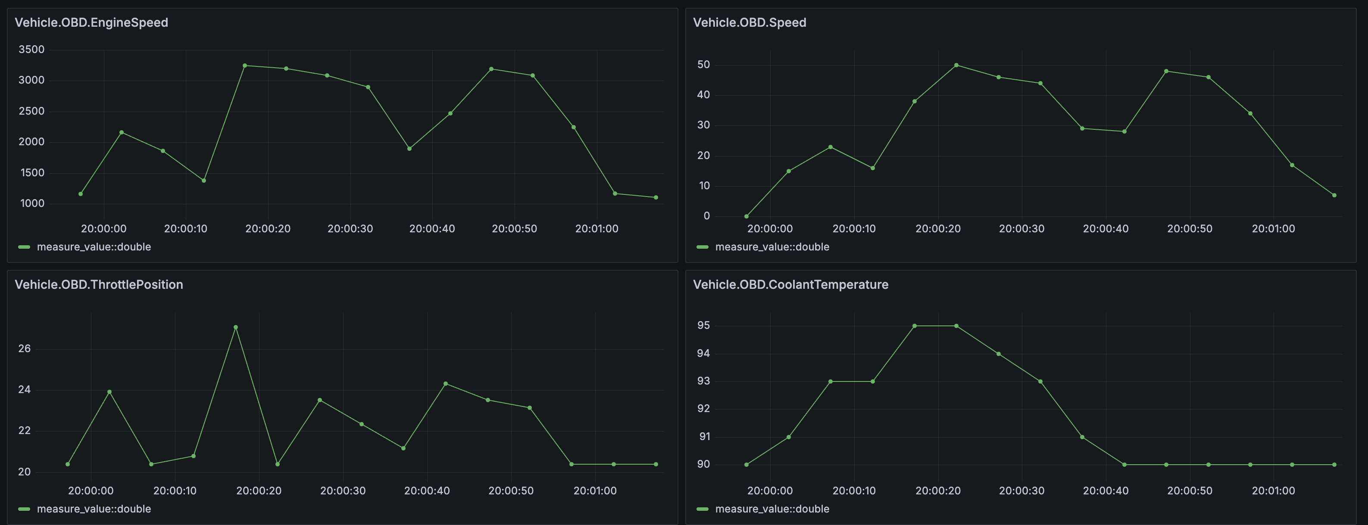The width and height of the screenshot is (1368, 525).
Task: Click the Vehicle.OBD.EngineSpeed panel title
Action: (x=91, y=22)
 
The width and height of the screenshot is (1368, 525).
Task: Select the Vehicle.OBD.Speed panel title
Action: (x=750, y=22)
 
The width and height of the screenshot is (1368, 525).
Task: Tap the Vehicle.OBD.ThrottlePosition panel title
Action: (x=99, y=284)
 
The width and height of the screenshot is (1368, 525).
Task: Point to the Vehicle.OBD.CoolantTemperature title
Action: (x=790, y=284)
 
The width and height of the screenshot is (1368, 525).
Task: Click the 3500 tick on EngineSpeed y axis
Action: (x=31, y=50)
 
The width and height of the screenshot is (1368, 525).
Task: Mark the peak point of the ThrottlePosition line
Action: (x=236, y=328)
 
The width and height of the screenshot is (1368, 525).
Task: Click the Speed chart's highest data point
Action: (x=956, y=65)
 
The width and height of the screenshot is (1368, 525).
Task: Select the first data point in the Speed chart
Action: (x=746, y=216)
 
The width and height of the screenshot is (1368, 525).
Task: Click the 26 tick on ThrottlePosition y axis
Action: (x=25, y=349)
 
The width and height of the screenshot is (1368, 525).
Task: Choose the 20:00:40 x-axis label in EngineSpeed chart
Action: (x=432, y=229)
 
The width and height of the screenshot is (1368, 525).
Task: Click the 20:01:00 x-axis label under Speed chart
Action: (x=1273, y=229)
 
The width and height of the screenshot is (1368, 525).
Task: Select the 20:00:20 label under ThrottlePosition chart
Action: (x=259, y=491)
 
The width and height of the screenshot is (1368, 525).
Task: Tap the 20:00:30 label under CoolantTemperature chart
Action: (x=1021, y=491)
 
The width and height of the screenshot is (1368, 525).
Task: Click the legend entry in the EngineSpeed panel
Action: (x=94, y=247)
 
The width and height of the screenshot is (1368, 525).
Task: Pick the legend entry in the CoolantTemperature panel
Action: (x=771, y=509)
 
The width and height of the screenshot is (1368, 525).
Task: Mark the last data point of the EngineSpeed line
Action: (x=656, y=197)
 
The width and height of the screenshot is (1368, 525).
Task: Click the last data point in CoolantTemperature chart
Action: (x=1334, y=465)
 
